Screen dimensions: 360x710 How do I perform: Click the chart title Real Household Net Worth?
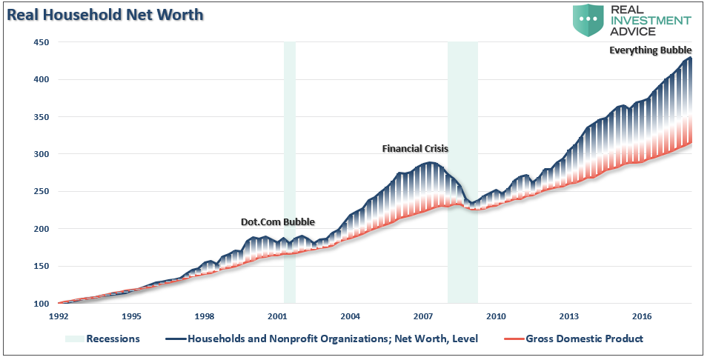pyautogui.click(x=106, y=14)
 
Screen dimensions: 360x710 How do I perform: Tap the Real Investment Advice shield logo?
pyautogui.click(x=590, y=20)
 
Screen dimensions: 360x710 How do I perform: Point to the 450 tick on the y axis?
pyautogui.click(x=39, y=42)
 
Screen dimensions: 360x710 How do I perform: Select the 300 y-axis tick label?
pyautogui.click(x=39, y=154)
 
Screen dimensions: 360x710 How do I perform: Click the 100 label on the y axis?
pyautogui.click(x=39, y=304)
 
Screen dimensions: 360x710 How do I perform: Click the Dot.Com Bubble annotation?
pyautogui.click(x=278, y=221)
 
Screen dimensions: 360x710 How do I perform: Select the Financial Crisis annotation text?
pyautogui.click(x=415, y=148)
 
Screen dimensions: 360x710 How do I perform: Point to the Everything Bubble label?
pyautogui.click(x=650, y=50)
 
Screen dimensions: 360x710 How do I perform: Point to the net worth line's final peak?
pyautogui.click(x=690, y=58)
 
